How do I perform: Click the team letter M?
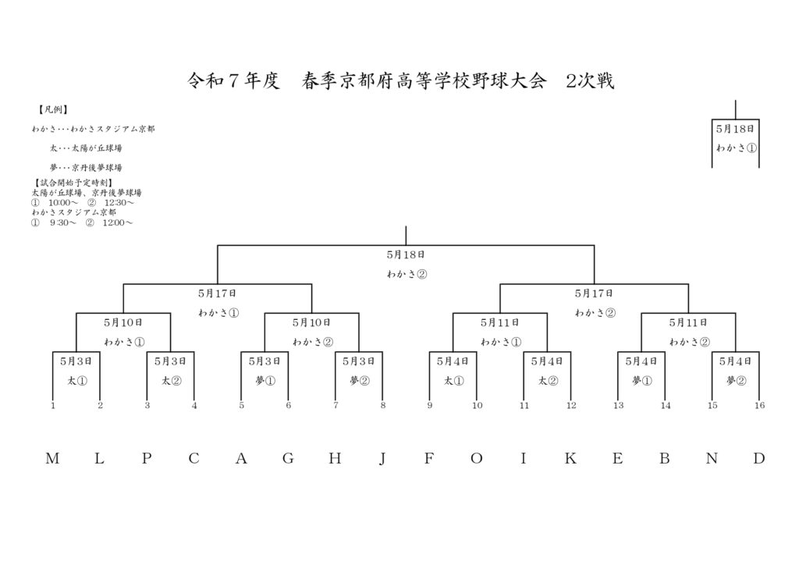click(x=52, y=459)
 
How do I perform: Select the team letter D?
click(x=758, y=459)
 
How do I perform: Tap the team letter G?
click(x=288, y=459)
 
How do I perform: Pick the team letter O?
click(x=477, y=459)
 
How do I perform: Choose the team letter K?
click(x=570, y=459)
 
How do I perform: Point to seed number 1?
click(x=53, y=406)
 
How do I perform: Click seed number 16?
click(x=759, y=406)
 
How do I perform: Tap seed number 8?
click(x=382, y=406)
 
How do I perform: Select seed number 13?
click(x=618, y=406)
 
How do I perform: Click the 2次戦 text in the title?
click(x=590, y=80)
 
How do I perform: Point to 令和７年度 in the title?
click(x=234, y=80)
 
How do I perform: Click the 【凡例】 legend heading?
click(x=52, y=109)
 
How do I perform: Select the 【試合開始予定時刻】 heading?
click(x=74, y=183)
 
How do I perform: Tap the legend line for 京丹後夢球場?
click(x=86, y=168)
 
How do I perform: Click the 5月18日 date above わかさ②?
click(x=406, y=254)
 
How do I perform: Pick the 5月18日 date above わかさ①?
click(x=735, y=129)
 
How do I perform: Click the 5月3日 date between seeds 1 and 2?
click(x=76, y=362)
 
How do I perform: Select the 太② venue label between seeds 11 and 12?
click(x=548, y=381)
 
